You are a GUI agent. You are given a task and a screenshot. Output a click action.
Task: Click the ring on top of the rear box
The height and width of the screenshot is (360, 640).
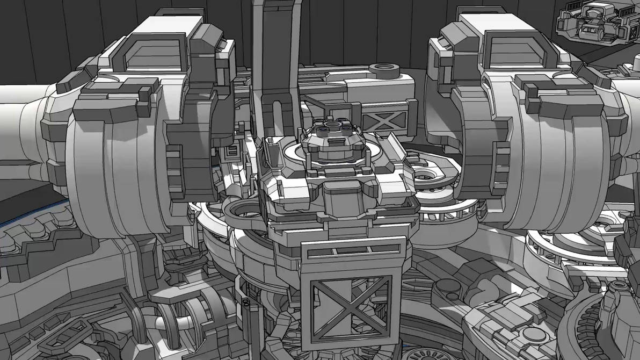384,68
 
